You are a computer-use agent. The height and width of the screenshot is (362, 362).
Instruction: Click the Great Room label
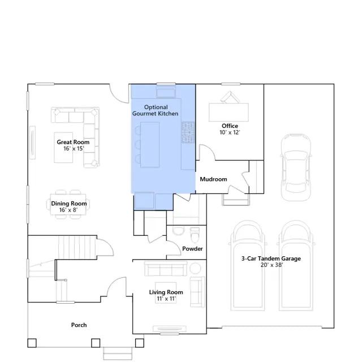(73, 142)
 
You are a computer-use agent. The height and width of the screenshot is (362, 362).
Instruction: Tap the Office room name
(230, 126)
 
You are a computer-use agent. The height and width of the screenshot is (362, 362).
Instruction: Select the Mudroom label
(213, 179)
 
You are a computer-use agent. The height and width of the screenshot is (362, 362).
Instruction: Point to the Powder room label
(192, 249)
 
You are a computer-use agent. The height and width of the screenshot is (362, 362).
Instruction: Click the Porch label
(79, 325)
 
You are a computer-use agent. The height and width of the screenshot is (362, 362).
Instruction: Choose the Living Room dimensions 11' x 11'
(166, 299)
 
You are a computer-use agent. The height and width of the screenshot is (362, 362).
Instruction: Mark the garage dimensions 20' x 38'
(271, 265)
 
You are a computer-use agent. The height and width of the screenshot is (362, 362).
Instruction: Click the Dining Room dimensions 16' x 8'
(68, 210)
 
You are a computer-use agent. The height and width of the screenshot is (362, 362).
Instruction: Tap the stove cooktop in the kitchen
(188, 132)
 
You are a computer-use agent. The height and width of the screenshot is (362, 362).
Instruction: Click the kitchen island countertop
(150, 145)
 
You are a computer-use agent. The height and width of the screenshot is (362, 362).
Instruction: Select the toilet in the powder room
(195, 235)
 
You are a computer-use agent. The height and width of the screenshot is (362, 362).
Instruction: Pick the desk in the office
(229, 113)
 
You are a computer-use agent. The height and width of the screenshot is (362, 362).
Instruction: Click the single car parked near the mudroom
(295, 167)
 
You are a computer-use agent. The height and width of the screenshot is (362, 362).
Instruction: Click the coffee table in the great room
(63, 148)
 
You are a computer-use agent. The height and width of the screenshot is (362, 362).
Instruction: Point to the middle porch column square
(96, 343)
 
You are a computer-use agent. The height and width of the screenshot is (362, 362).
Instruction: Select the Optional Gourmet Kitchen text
(156, 110)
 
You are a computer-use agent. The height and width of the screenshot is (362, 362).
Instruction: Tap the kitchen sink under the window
(166, 92)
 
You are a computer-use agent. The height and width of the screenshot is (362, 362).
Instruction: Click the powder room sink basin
(179, 231)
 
